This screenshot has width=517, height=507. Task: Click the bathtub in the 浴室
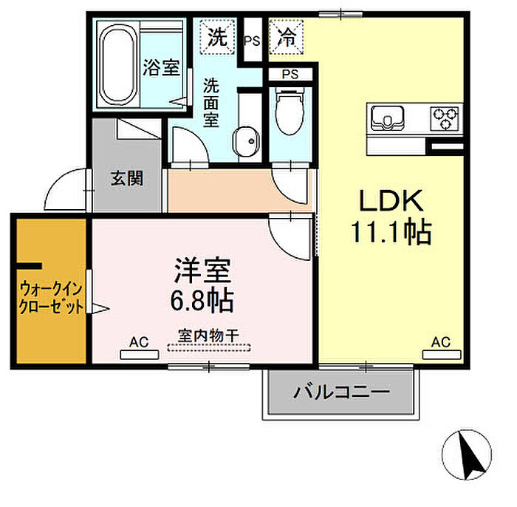coord(118,64)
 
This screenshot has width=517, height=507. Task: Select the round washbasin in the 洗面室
coord(246,142)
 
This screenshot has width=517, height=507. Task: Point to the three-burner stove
coord(445,118)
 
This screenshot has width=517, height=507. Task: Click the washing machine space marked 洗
coord(217,37)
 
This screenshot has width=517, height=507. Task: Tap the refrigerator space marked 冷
coord(287,37)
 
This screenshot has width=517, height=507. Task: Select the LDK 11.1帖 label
coord(391,217)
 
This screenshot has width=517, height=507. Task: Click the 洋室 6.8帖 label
coord(202,285)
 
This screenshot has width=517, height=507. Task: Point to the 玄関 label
coord(127,178)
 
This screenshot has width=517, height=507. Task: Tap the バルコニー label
coord(341,392)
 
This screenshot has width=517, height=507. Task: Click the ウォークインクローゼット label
coord(51,298)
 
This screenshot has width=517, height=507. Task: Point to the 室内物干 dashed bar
coord(209,347)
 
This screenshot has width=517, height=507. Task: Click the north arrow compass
coord(467,455)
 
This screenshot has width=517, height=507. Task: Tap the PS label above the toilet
coord(290,75)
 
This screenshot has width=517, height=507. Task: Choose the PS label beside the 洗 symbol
coord(252,41)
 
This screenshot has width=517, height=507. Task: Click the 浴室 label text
coord(161,67)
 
